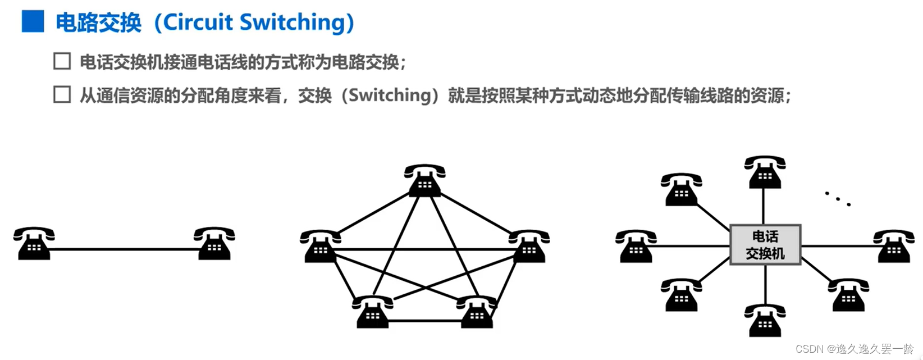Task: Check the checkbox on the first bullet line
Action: pyautogui.click(x=62, y=61)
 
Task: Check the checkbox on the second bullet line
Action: pyautogui.click(x=62, y=94)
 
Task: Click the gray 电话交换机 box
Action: pyautogui.click(x=765, y=245)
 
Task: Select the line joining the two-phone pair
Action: pyautogui.click(x=124, y=249)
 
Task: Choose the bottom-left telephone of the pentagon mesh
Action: pyautogui.click(x=372, y=312)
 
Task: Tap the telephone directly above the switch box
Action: pyautogui.click(x=765, y=172)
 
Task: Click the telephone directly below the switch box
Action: pyautogui.click(x=765, y=320)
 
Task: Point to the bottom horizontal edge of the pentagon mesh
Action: pyautogui.click(x=424, y=321)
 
